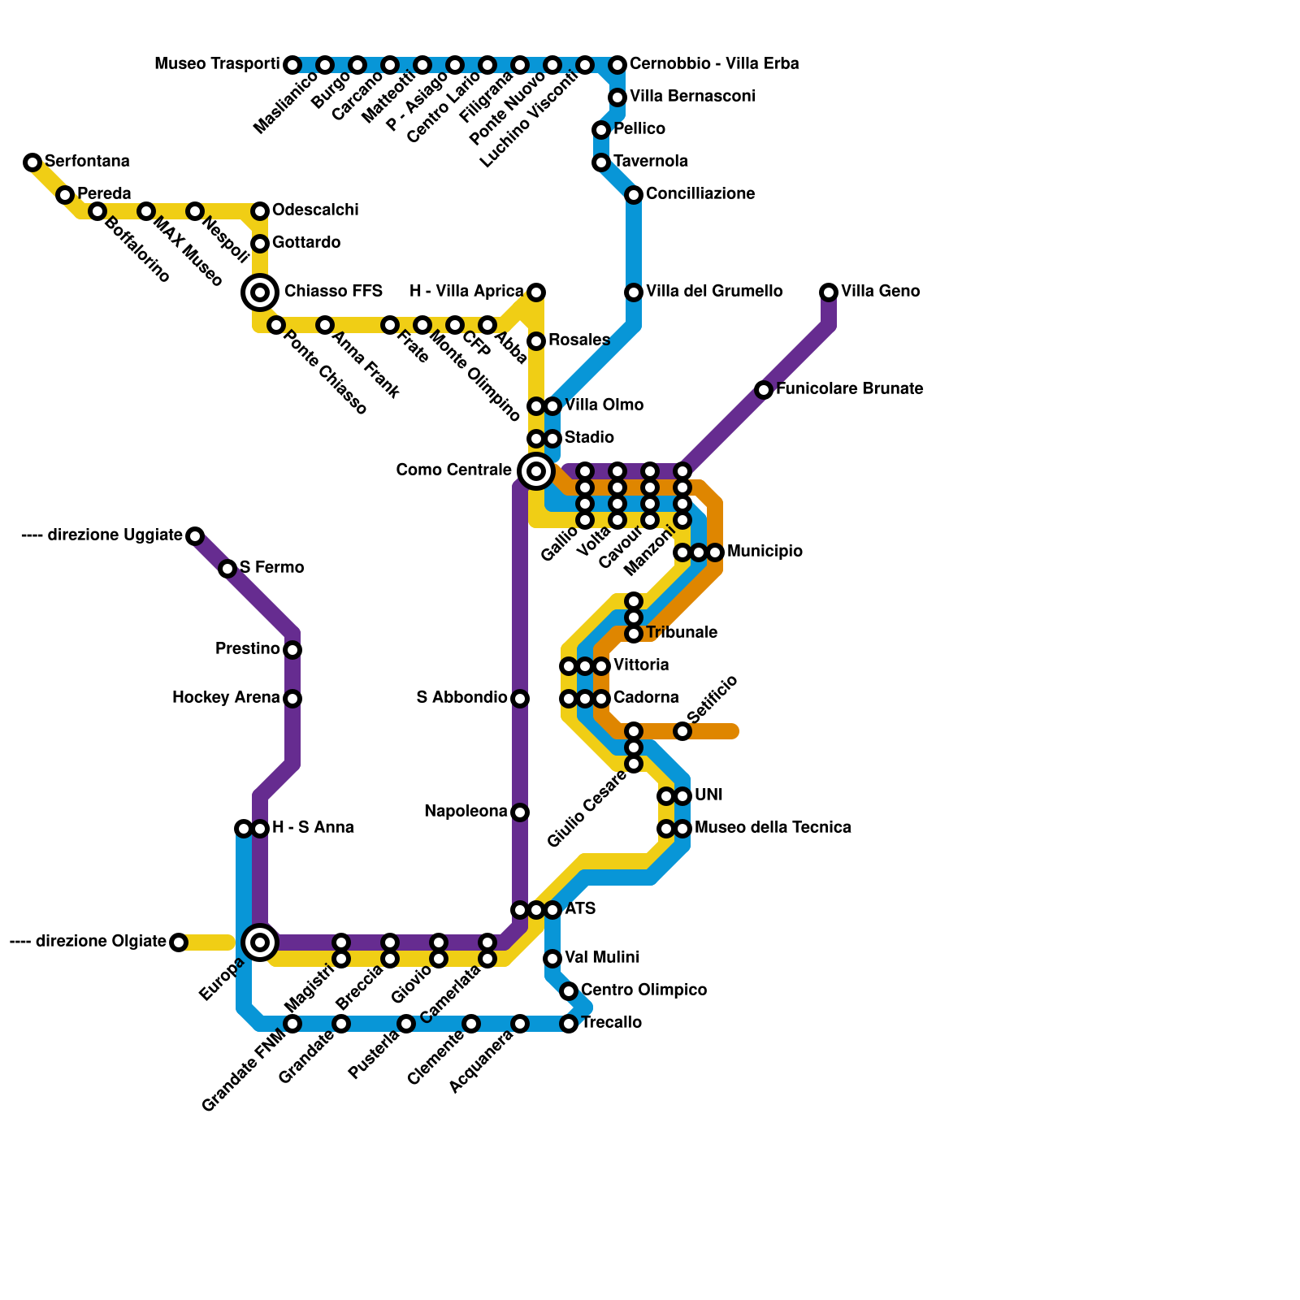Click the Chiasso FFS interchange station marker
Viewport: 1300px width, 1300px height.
260,292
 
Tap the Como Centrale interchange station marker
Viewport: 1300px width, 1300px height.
536,470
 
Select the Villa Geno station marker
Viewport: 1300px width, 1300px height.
829,292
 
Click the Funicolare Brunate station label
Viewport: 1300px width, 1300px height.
849,389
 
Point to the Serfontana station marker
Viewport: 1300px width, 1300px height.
32,162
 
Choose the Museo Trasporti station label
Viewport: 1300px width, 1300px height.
217,64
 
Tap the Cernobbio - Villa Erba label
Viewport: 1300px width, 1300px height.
714,64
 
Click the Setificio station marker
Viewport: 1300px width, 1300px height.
682,731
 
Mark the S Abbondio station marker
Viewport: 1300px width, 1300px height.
520,699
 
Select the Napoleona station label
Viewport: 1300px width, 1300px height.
466,812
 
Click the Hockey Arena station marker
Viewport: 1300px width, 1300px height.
292,699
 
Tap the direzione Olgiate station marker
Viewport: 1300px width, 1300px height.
179,942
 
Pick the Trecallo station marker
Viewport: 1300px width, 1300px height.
569,1024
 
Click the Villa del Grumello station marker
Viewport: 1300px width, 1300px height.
634,292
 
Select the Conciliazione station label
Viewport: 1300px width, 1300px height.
700,194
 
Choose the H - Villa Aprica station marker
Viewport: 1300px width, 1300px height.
536,292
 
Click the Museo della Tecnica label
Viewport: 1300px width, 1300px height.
773,828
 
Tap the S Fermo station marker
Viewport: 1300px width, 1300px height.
227,569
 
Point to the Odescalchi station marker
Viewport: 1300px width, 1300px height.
260,211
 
